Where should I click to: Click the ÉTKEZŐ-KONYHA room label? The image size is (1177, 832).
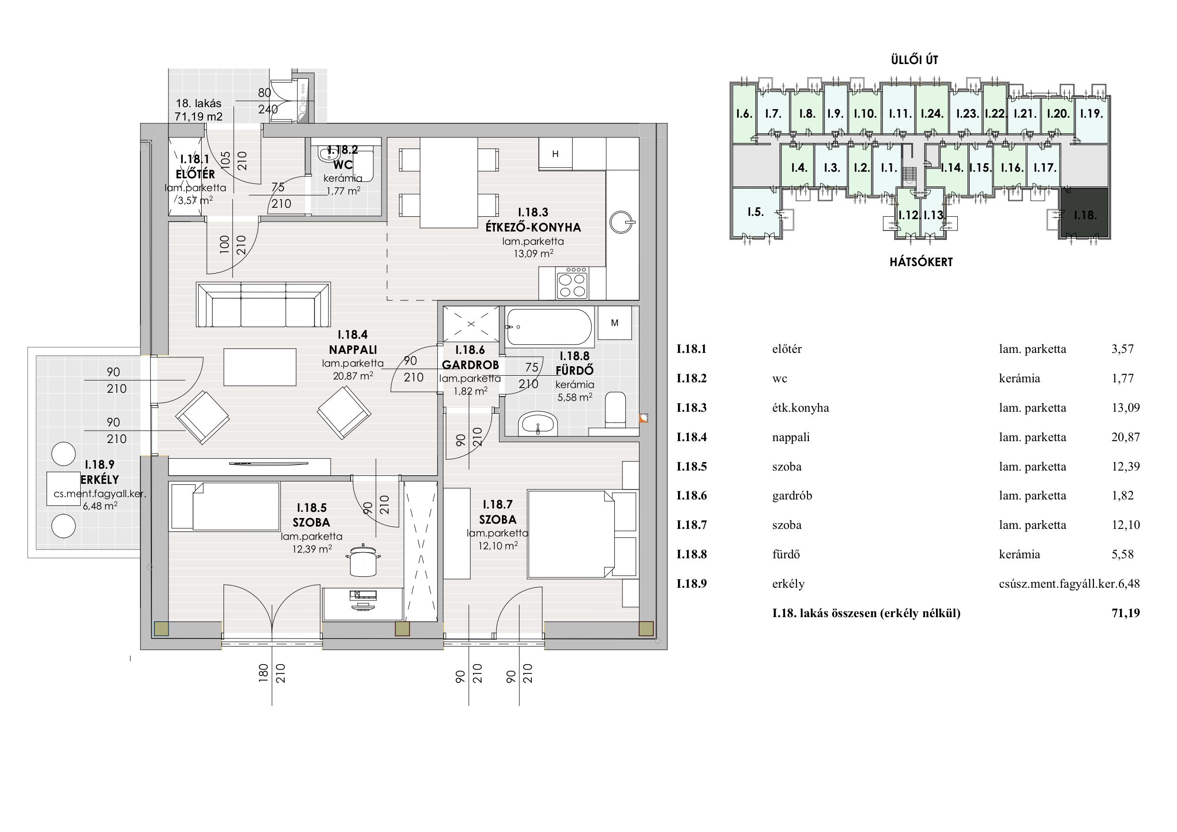pyautogui.click(x=533, y=227)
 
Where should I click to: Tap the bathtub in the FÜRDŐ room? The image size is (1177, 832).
pyautogui.click(x=549, y=326)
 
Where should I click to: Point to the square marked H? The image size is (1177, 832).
pyautogui.click(x=555, y=153)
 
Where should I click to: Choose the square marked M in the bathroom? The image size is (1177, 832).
pyautogui.click(x=615, y=323)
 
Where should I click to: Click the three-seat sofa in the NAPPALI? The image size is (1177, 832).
pyautogui.click(x=263, y=304)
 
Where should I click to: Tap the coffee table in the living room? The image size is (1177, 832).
pyautogui.click(x=260, y=367)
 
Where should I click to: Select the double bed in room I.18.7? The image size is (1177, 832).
pyautogui.click(x=571, y=534)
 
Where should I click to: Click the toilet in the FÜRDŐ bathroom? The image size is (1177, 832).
pyautogui.click(x=615, y=409)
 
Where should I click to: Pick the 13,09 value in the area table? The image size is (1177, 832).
pyautogui.click(x=1125, y=408)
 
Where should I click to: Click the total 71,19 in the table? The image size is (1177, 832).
pyautogui.click(x=1125, y=613)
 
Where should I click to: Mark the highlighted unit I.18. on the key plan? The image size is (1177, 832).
pyautogui.click(x=1084, y=213)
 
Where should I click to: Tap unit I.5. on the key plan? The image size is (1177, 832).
pyautogui.click(x=756, y=212)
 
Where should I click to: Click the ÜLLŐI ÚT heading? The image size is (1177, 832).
pyautogui.click(x=915, y=60)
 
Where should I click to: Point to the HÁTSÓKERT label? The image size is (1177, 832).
pyautogui.click(x=921, y=262)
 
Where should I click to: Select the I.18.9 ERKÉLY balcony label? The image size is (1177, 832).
pyautogui.click(x=100, y=472)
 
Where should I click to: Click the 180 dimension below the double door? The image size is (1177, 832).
pyautogui.click(x=263, y=673)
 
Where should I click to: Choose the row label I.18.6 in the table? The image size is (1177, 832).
pyautogui.click(x=692, y=496)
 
